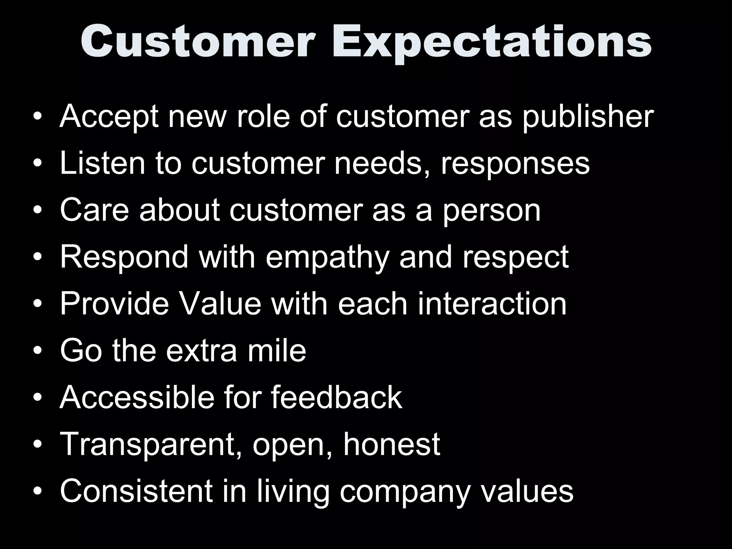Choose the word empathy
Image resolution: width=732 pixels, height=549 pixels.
tap(327, 258)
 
